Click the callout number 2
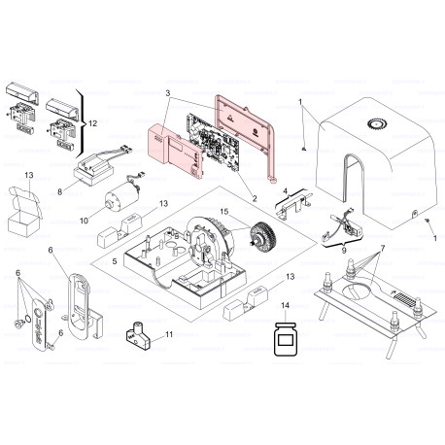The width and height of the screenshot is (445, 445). coord(254,197)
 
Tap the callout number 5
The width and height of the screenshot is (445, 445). coord(115,261)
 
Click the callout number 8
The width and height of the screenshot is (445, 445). coord(59,192)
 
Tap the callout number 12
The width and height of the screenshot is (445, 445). coord(93,123)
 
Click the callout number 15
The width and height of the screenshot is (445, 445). coord(222,211)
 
